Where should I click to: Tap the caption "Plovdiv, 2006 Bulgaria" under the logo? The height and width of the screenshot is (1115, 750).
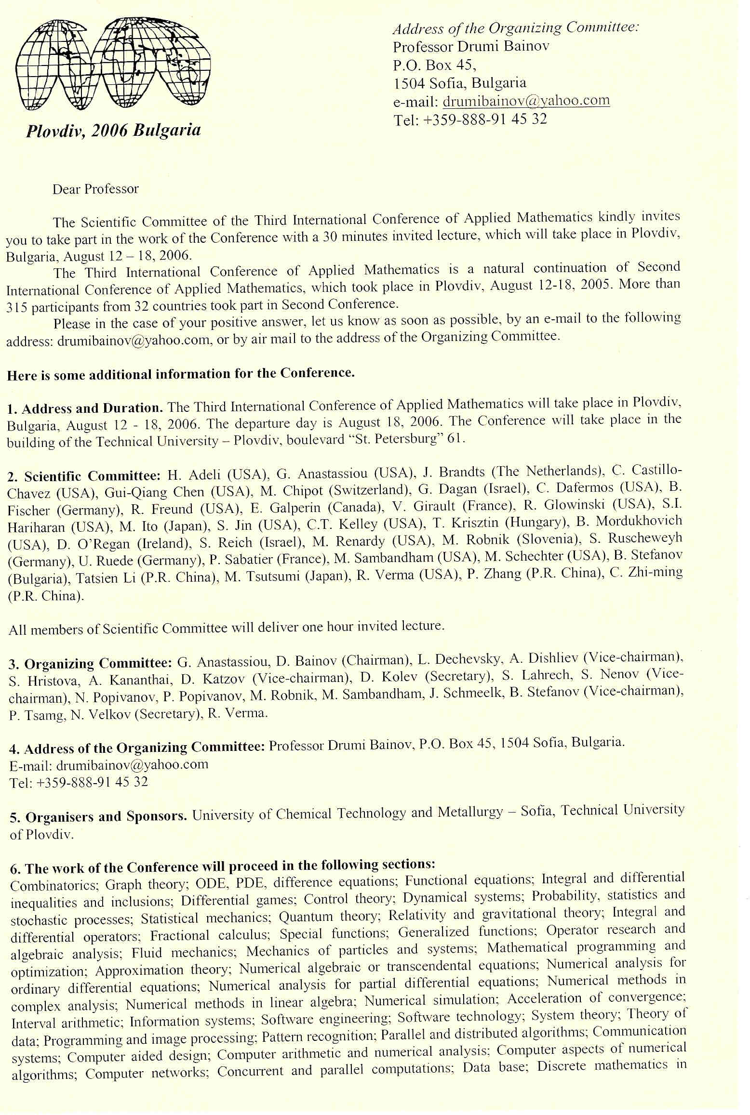click(113, 131)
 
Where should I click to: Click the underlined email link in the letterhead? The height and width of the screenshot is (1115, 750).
click(526, 101)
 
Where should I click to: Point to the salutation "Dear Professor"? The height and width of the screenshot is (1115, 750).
click(95, 189)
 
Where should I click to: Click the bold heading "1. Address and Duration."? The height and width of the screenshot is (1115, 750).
click(85, 408)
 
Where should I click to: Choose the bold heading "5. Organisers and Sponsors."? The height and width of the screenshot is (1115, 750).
click(99, 817)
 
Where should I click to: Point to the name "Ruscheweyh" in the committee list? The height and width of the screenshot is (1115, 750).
click(645, 538)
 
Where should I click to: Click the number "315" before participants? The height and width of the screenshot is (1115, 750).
click(18, 307)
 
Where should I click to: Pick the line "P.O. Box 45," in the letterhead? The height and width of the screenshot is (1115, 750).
click(435, 65)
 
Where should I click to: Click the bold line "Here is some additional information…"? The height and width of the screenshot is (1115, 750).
click(181, 374)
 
